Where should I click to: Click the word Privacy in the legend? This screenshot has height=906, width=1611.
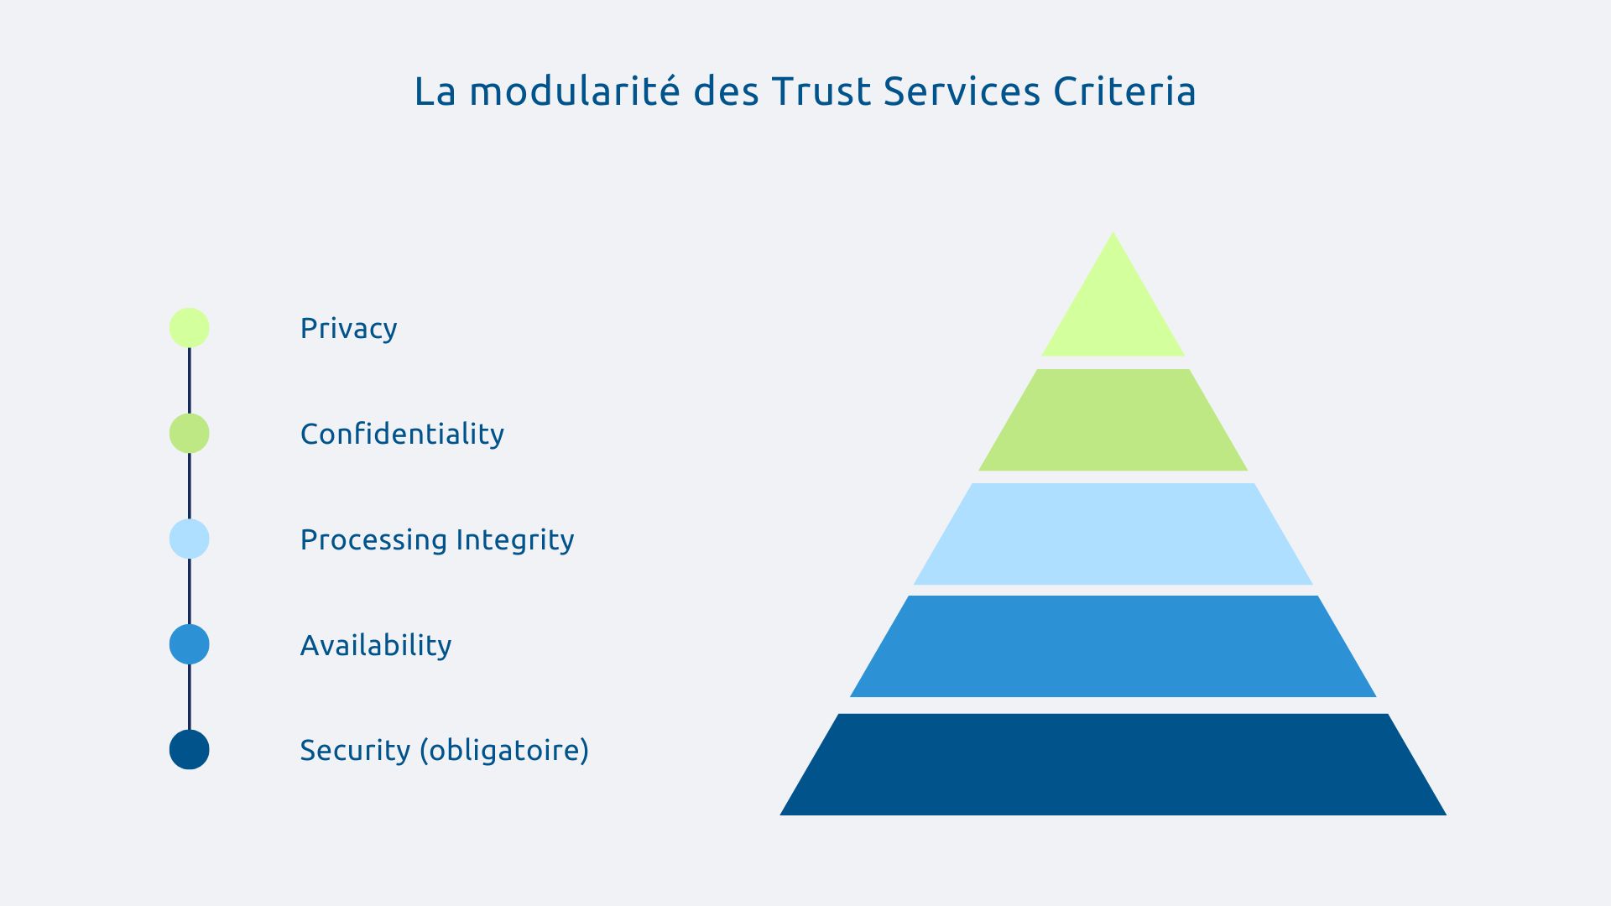tap(348, 328)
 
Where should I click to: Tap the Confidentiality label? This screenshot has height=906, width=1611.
tap(402, 434)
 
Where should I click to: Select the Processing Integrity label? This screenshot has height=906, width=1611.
tap(437, 539)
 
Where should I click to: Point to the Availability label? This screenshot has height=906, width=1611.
tap(376, 645)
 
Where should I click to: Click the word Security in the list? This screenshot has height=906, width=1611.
tap(355, 750)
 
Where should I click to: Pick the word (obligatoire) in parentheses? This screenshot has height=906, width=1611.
tap(504, 750)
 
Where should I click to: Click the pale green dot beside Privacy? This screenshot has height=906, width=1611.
tap(190, 328)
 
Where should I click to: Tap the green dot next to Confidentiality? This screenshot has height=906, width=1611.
tap(190, 434)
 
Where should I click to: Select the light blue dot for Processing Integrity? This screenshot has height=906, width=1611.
tap(190, 539)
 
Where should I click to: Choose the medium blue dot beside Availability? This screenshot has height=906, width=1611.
tap(190, 644)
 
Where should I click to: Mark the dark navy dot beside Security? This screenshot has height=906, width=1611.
tap(190, 750)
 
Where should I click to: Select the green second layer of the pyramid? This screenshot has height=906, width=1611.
tap(1113, 419)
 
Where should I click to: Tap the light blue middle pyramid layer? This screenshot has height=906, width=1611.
tap(1113, 534)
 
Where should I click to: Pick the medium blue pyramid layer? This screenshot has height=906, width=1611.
tap(1113, 646)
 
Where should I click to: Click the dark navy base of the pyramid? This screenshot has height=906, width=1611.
tap(1113, 764)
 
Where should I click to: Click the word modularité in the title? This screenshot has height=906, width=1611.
tap(574, 91)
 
